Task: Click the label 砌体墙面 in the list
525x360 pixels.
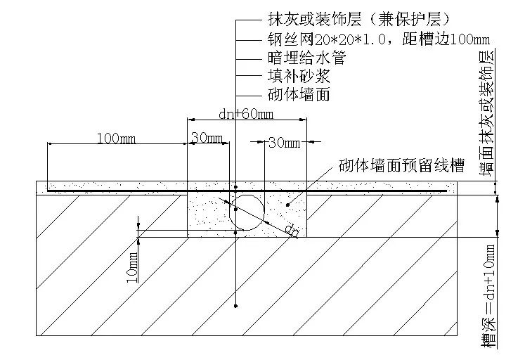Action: [299, 94]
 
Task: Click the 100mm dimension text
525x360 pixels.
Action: [117, 139]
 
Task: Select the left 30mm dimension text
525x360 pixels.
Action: [206, 139]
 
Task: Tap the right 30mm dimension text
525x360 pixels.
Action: [284, 143]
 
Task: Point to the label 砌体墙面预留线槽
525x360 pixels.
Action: [401, 166]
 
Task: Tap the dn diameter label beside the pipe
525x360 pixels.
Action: [291, 230]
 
